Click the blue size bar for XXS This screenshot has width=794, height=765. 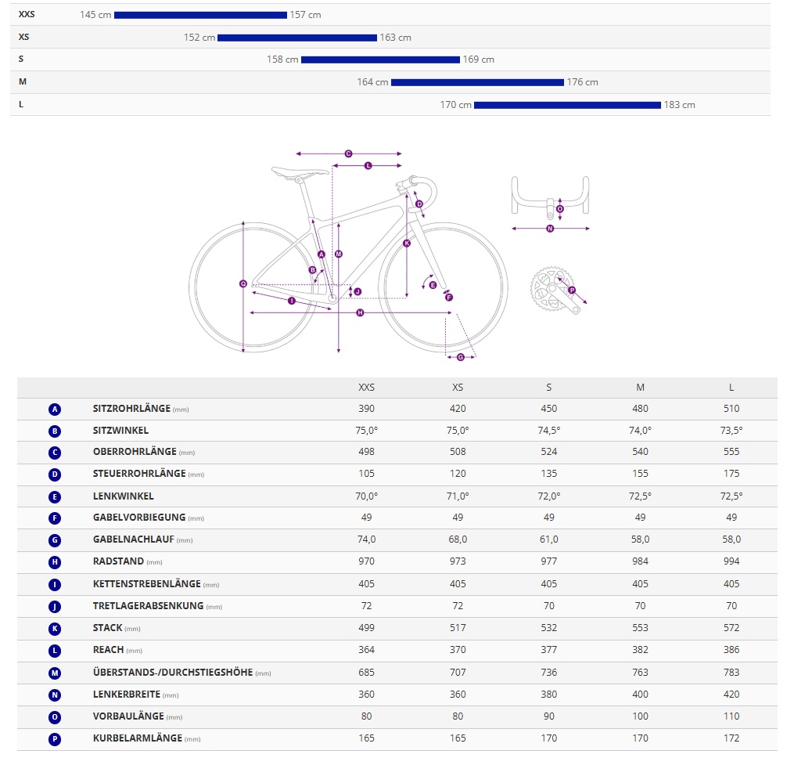200,15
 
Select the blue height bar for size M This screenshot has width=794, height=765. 477,82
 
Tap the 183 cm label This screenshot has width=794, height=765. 679,105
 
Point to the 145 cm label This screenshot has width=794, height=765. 95,15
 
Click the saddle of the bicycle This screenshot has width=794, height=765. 300,171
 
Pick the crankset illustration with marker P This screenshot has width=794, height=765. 555,292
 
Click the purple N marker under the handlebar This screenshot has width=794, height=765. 550,229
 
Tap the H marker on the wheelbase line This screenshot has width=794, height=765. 360,313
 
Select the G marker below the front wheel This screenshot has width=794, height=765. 460,357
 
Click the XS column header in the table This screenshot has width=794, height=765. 458,388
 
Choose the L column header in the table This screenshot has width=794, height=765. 731,388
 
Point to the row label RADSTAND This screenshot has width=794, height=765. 117,561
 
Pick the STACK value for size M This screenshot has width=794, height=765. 640,628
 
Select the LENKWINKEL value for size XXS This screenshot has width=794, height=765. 366,496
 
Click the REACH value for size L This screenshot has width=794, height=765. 731,650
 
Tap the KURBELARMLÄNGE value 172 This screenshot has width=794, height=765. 731,738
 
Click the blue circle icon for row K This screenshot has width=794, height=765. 55,628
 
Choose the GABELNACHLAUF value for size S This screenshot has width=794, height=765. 549,539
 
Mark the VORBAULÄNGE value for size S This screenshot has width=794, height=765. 549,716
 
